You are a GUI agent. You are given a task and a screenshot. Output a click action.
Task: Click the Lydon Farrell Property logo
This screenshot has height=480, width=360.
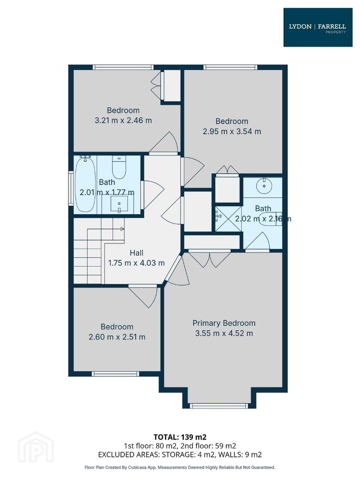(318, 28)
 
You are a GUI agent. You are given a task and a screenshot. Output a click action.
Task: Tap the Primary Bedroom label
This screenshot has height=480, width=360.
(224, 323)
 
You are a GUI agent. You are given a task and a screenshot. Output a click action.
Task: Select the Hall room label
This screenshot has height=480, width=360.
(136, 253)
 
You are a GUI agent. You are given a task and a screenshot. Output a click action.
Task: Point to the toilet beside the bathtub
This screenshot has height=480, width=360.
(119, 167)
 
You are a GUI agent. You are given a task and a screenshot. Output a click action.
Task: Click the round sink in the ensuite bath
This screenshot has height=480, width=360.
(264, 186)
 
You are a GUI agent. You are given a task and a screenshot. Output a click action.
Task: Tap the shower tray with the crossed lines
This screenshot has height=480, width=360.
(228, 218)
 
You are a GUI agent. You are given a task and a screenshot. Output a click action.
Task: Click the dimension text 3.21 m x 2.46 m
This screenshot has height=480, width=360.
(123, 120)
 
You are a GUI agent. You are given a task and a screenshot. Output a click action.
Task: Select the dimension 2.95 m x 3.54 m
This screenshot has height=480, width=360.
(232, 131)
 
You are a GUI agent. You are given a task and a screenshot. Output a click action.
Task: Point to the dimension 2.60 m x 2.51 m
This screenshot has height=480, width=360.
(117, 337)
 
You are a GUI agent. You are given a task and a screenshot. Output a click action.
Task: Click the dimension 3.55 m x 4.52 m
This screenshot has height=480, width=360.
(224, 333)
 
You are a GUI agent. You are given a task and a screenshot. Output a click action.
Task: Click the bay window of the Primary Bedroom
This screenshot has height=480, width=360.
(219, 406)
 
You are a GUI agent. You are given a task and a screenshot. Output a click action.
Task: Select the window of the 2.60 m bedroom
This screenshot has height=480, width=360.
(116, 374)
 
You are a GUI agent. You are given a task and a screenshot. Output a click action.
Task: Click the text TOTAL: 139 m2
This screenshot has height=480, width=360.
(180, 437)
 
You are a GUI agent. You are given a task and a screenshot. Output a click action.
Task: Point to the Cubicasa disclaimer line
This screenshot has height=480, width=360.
(180, 468)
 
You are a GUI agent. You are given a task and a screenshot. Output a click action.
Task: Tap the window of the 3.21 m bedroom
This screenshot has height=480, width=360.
(123, 67)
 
